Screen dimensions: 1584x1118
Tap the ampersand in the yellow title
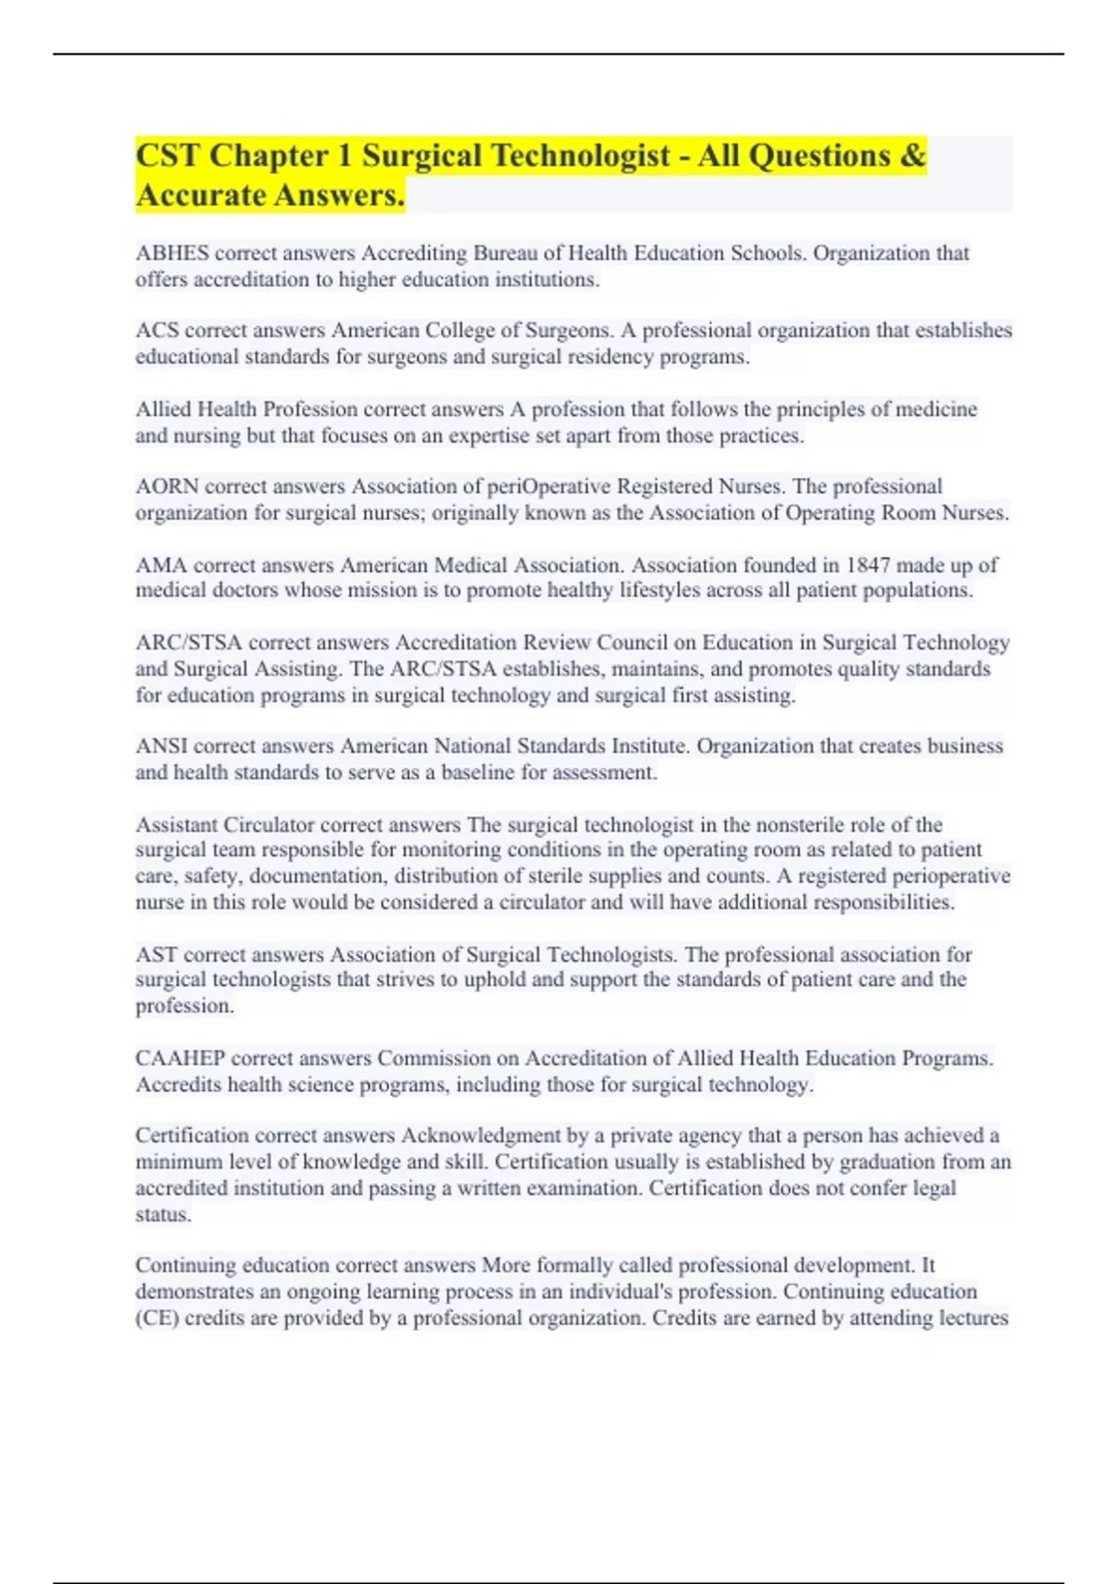point(913,156)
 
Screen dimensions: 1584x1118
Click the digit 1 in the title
point(345,156)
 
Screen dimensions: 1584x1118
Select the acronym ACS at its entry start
point(157,331)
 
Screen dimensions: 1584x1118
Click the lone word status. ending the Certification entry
point(163,1215)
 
